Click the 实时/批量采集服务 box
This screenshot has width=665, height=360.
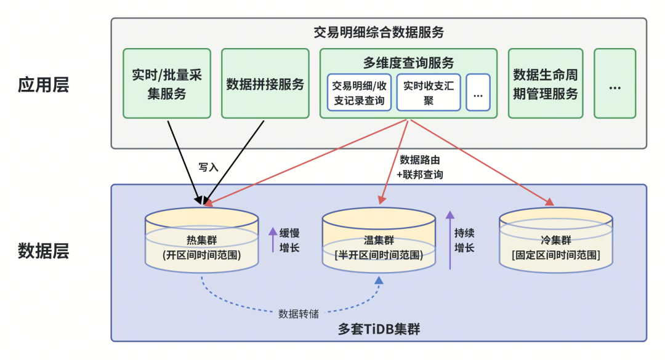point(167,84)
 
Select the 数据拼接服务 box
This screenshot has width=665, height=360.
point(265,84)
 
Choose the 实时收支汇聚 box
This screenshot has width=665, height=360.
point(428,92)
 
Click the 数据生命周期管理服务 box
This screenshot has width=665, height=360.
point(546,84)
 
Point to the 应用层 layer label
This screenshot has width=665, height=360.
point(43,84)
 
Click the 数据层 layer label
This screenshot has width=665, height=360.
point(43,250)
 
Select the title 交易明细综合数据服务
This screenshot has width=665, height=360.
point(378,32)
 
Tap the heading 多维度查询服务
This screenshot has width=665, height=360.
point(408,62)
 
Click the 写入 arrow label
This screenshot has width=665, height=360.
point(208,167)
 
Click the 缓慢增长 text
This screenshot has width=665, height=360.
point(289,241)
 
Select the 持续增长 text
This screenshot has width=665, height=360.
point(464,241)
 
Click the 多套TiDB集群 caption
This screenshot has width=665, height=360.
point(379,329)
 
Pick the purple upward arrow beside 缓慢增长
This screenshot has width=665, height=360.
point(272,240)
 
